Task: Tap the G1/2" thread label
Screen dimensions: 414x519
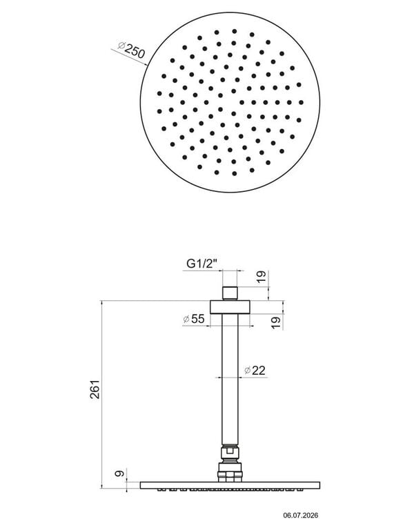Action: pyautogui.click(x=202, y=264)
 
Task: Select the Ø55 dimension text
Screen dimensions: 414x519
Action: pyautogui.click(x=194, y=319)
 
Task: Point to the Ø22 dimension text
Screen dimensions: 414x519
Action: pyautogui.click(x=255, y=370)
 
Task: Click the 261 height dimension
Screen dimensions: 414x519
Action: pyautogui.click(x=95, y=389)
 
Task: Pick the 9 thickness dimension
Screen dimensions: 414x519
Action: pyautogui.click(x=119, y=473)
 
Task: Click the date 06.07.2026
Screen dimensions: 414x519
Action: pyautogui.click(x=300, y=515)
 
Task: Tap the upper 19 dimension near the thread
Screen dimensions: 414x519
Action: pyautogui.click(x=261, y=276)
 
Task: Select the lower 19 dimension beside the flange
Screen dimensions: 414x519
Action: pyautogui.click(x=276, y=322)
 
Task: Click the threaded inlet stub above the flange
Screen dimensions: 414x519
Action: pyautogui.click(x=230, y=293)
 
